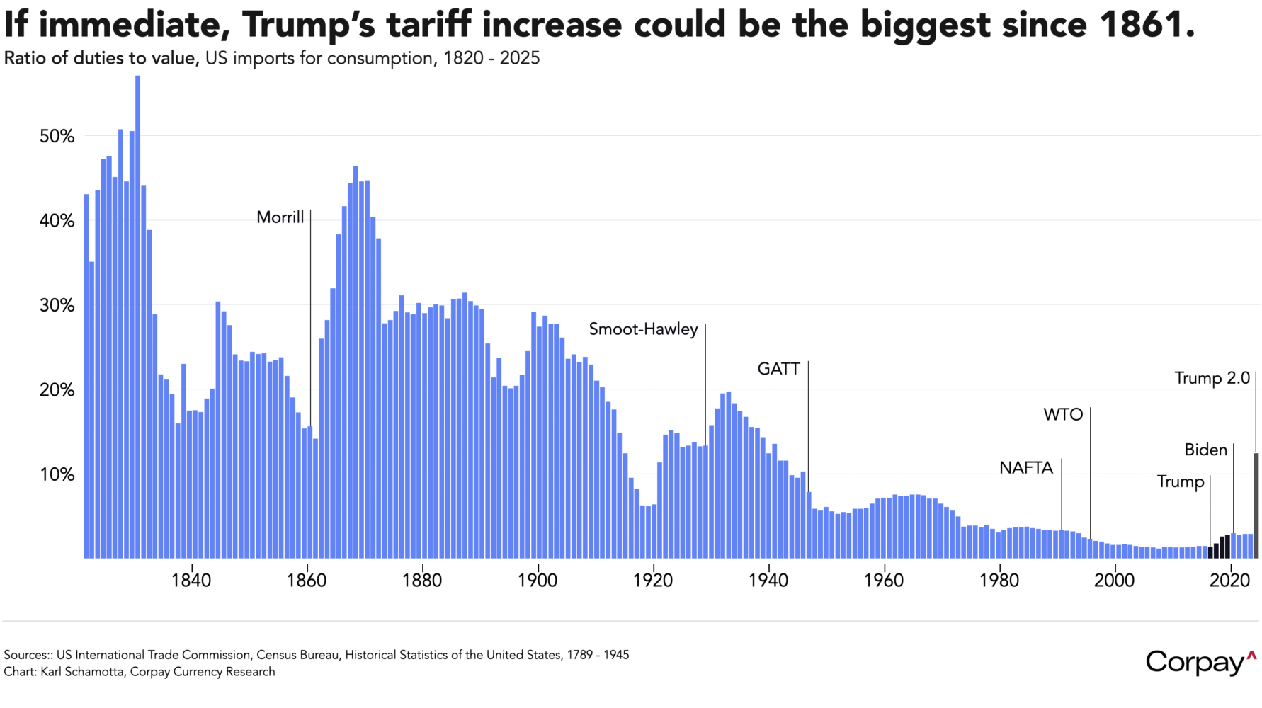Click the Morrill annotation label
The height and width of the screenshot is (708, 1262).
tap(280, 217)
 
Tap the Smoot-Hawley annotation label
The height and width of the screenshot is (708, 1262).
tap(643, 329)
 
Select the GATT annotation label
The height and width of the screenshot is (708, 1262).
tap(778, 369)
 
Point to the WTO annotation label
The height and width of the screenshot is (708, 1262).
tap(1063, 415)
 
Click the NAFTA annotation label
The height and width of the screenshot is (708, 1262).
tap(1025, 468)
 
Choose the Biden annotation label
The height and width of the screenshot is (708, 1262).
tap(1205, 450)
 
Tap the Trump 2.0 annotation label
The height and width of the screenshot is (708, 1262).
tap(1212, 378)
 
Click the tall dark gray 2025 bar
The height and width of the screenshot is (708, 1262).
tap(1256, 506)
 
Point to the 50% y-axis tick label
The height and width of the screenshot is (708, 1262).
tap(57, 137)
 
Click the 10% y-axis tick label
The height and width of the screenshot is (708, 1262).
tap(57, 474)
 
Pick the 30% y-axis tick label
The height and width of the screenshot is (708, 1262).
tap(57, 306)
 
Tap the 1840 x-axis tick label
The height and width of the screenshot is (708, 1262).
tap(191, 581)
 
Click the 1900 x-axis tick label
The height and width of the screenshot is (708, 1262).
tap(538, 581)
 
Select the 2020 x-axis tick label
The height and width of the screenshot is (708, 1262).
tap(1230, 581)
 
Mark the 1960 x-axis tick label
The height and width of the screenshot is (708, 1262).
tap(884, 581)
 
